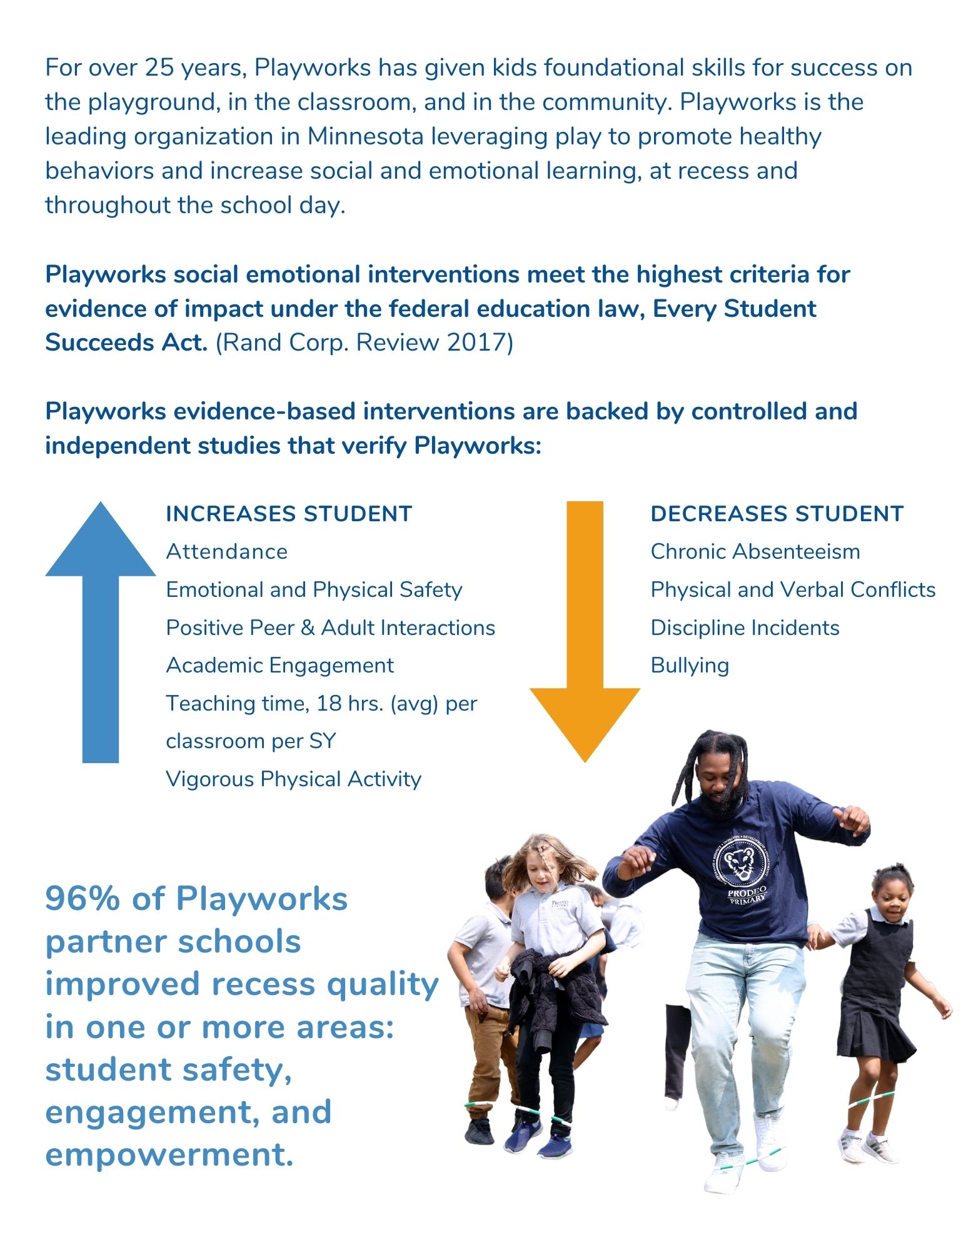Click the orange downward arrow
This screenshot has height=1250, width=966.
click(585, 631)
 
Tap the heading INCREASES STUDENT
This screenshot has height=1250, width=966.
click(289, 514)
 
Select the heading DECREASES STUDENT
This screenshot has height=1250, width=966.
click(777, 514)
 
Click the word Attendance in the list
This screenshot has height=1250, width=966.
click(227, 552)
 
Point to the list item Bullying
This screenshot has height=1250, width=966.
click(690, 666)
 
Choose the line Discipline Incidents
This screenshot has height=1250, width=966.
click(745, 627)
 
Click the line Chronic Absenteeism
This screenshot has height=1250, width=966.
click(755, 552)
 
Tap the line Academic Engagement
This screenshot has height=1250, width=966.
click(279, 666)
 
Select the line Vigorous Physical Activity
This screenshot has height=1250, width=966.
click(293, 779)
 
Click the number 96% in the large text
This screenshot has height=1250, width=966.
click(82, 899)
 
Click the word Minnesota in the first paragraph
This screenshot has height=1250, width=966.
click(365, 136)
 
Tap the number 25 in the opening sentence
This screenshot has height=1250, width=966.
click(159, 67)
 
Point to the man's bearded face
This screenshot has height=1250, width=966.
click(720, 781)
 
